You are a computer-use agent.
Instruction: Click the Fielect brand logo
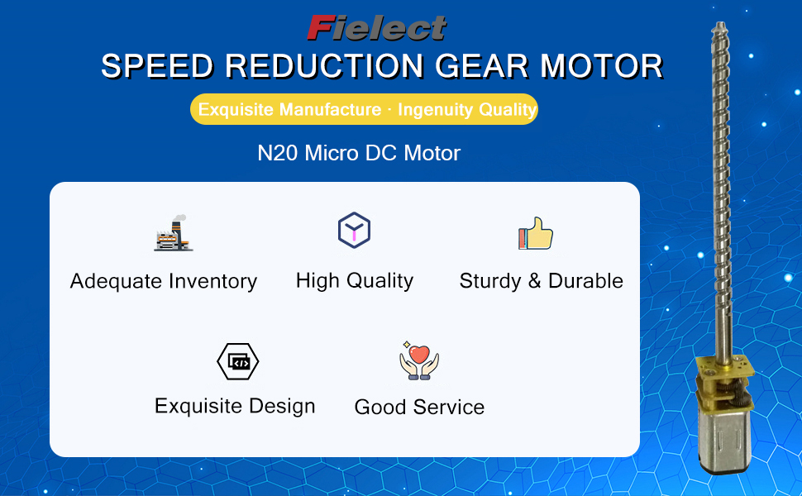click(x=377, y=28)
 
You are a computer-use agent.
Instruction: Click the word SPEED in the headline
click(x=157, y=66)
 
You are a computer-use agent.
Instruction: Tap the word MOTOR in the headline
click(x=602, y=66)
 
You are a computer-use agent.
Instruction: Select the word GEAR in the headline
click(x=482, y=66)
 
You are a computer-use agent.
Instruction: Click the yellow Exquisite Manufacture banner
click(x=364, y=109)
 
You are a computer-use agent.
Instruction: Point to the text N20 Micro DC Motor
click(x=359, y=153)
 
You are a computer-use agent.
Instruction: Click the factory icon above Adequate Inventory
click(x=174, y=233)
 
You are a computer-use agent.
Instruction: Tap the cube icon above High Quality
click(x=354, y=230)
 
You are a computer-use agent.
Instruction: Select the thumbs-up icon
click(x=536, y=234)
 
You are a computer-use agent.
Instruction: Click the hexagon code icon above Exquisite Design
click(x=238, y=361)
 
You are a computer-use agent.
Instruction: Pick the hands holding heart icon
click(x=419, y=360)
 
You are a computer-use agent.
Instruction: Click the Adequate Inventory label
click(x=164, y=281)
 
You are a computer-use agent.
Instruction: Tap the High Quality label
click(x=355, y=281)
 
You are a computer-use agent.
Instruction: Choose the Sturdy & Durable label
click(x=542, y=281)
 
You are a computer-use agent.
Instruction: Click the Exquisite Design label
click(x=235, y=406)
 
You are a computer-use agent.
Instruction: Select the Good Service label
click(x=419, y=407)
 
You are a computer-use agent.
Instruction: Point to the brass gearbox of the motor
click(x=724, y=384)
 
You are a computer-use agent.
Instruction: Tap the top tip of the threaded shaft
click(x=720, y=23)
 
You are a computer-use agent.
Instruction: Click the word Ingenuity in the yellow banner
click(x=428, y=109)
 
